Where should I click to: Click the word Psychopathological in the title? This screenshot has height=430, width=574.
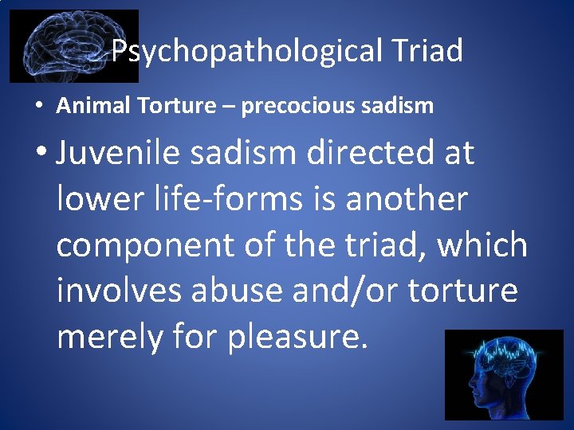247,52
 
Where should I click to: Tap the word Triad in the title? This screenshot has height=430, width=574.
427,51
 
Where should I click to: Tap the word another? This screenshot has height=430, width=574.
406,199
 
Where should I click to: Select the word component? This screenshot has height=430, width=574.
146,245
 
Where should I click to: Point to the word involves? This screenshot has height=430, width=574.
118,291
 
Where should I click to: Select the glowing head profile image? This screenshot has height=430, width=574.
504,375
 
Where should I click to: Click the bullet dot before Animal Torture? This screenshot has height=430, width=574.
38,107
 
